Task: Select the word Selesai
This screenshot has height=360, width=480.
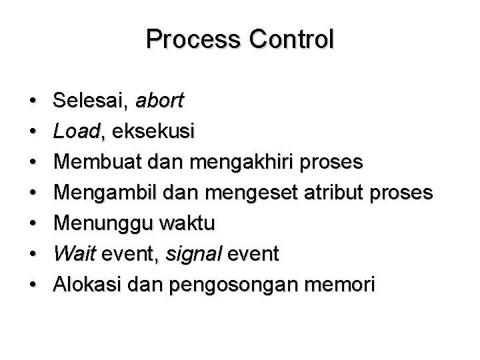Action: [91, 101]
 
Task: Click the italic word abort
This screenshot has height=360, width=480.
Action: [160, 101]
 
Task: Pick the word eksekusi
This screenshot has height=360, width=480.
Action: [153, 132]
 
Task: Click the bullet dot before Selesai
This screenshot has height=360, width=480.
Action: [33, 103]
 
